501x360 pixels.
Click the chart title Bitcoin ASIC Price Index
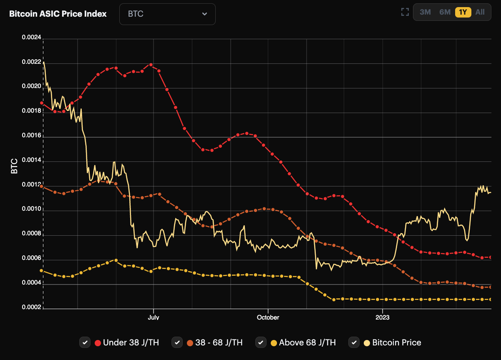pyautogui.click(x=58, y=14)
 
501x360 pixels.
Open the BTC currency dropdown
pyautogui.click(x=167, y=14)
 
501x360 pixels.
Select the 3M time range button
pyautogui.click(x=425, y=12)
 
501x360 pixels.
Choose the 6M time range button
pyautogui.click(x=445, y=12)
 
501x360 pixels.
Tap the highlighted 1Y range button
pyautogui.click(x=463, y=12)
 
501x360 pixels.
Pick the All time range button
pyautogui.click(x=480, y=12)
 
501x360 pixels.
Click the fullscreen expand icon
pyautogui.click(x=405, y=12)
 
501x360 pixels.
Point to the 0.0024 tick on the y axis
pyautogui.click(x=32, y=38)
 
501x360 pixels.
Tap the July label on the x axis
pyautogui.click(x=154, y=317)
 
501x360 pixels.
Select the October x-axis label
pyautogui.click(x=268, y=317)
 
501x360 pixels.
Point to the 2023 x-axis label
pyautogui.click(x=382, y=317)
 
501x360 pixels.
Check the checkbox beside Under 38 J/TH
pyautogui.click(x=85, y=342)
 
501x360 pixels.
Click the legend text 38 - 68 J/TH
pyautogui.click(x=219, y=342)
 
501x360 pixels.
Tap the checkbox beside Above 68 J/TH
pyautogui.click(x=261, y=342)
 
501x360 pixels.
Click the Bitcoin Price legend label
pyautogui.click(x=396, y=342)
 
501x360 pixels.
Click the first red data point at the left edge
pyautogui.click(x=41, y=103)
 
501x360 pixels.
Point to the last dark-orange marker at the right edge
pyautogui.click(x=491, y=287)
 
